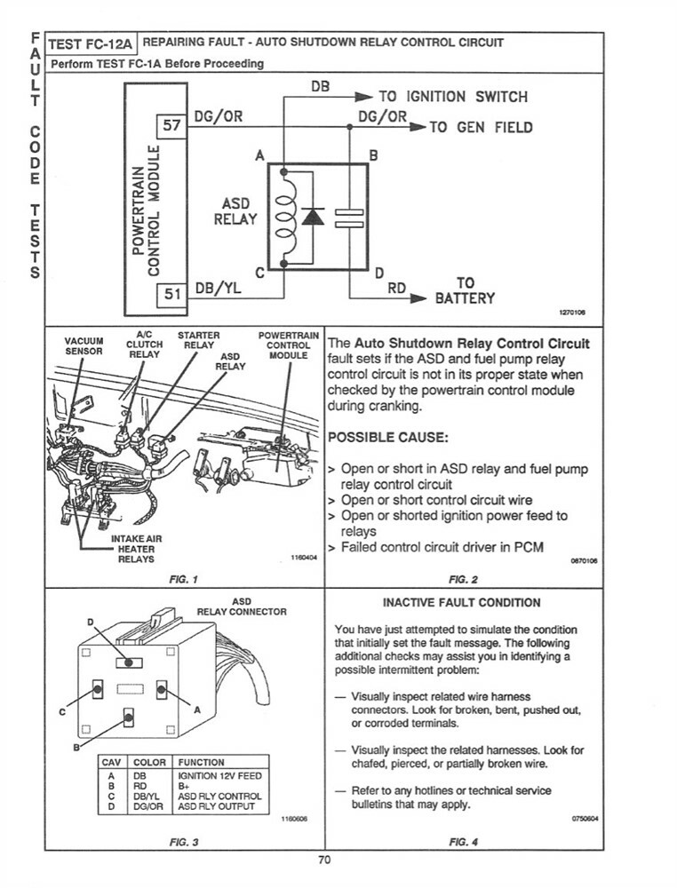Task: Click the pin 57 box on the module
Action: [172, 126]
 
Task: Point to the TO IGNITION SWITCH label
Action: [453, 97]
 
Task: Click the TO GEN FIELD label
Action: [481, 127]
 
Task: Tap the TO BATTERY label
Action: [464, 291]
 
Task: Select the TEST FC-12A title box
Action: [89, 43]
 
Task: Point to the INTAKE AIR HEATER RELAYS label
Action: [132, 549]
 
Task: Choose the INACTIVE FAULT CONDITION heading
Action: [462, 602]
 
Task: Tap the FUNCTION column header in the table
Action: [202, 762]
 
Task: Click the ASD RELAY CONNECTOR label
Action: [241, 607]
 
